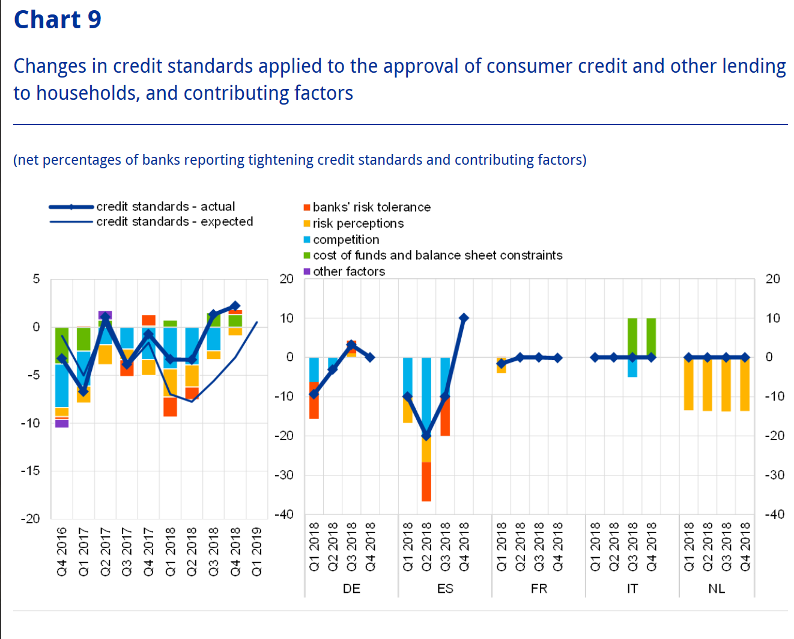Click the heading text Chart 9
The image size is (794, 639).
(58, 20)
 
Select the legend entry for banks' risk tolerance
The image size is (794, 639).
(371, 207)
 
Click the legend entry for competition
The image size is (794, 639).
(345, 240)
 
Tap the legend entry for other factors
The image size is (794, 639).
(348, 272)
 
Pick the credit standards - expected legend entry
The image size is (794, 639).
(174, 222)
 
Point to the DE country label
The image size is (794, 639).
(351, 589)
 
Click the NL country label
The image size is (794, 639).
(717, 589)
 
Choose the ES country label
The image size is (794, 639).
(445, 589)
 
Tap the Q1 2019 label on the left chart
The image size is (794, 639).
(257, 551)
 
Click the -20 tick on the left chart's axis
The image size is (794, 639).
(31, 519)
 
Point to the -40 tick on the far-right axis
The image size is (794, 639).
(774, 515)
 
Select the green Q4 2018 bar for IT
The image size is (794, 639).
(651, 337)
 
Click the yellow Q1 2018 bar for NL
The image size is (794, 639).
(689, 384)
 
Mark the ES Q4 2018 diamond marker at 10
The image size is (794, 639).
(464, 318)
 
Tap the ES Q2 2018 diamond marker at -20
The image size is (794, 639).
(426, 435)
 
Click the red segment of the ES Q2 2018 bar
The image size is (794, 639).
(426, 482)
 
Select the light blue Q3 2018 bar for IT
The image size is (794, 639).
(632, 367)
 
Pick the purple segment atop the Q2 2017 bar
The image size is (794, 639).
(105, 314)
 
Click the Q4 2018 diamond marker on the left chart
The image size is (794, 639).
(235, 306)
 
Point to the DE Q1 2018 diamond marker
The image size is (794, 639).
(314, 394)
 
